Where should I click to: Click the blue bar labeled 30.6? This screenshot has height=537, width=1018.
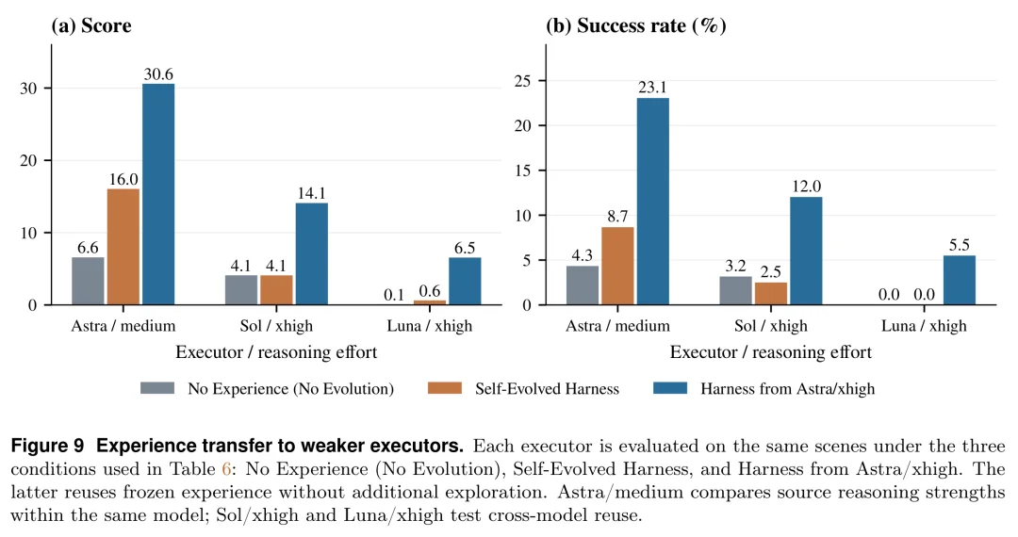click(158, 194)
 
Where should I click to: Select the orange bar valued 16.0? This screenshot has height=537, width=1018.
click(123, 247)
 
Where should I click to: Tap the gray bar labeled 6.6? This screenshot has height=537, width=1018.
click(89, 281)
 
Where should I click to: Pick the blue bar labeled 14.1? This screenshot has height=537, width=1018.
click(312, 253)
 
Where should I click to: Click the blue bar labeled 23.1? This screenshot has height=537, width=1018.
click(653, 201)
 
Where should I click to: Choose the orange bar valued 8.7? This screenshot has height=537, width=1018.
click(618, 266)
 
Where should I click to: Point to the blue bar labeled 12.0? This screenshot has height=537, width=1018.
click(806, 251)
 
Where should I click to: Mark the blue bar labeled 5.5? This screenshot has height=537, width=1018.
click(960, 280)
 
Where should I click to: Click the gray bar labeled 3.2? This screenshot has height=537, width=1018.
click(736, 290)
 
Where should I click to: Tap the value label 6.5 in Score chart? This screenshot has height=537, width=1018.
click(465, 248)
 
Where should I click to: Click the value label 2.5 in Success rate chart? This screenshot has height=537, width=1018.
click(771, 272)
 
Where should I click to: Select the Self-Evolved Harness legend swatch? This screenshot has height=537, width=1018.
click(445, 388)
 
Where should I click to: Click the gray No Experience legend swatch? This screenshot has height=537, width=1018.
click(157, 388)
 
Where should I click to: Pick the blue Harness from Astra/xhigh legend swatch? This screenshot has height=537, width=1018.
click(670, 388)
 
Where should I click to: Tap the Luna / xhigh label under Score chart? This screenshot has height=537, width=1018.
click(430, 326)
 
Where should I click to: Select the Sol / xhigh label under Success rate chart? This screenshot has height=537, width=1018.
click(771, 326)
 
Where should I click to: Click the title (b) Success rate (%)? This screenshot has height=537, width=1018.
click(635, 25)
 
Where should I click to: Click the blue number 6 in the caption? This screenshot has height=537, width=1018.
click(226, 469)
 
